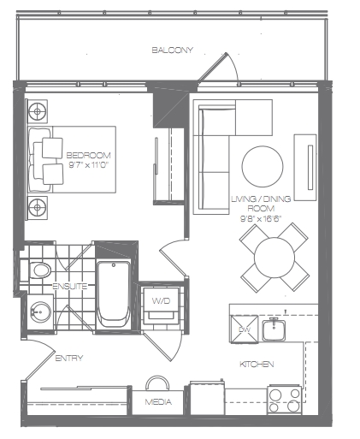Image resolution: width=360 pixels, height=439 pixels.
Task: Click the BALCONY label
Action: click(x=172, y=50)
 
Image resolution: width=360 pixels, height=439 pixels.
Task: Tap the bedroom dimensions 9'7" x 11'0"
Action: click(x=89, y=165)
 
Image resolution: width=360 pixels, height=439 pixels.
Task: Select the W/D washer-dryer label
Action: click(x=161, y=300)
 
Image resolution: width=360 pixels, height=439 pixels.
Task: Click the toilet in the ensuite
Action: click(x=40, y=270)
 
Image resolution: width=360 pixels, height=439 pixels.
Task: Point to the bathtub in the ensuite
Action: click(x=114, y=294)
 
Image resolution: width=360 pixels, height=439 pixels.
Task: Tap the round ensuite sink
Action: click(x=41, y=311)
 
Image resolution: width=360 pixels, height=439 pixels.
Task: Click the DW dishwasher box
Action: click(x=244, y=329)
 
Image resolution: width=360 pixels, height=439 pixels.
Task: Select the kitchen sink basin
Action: click(x=274, y=330)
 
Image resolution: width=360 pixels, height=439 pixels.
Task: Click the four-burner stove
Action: click(x=284, y=400)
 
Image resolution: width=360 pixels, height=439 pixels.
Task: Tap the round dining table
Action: click(x=274, y=258)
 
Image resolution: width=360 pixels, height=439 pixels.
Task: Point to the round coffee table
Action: click(x=263, y=167)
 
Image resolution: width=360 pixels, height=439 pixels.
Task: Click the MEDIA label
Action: click(x=158, y=402)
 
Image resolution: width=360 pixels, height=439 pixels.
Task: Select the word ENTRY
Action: click(x=69, y=358)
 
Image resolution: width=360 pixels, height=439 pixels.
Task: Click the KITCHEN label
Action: click(x=257, y=365)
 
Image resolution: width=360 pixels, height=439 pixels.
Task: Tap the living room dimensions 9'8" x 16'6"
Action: click(x=261, y=218)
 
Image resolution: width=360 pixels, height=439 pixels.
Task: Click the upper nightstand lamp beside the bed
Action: click(x=38, y=111)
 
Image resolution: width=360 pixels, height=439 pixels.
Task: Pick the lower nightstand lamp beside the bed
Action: click(x=38, y=207)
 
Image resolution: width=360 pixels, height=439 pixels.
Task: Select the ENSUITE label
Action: click(x=70, y=286)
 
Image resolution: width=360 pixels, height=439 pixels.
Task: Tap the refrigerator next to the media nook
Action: click(x=207, y=398)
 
